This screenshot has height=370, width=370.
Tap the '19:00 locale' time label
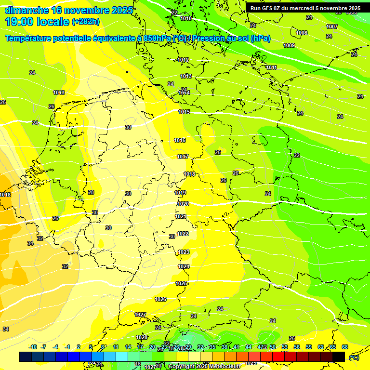click(37, 21)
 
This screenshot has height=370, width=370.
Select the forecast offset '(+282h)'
click(87, 22)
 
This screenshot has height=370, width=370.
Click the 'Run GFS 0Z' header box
click(305, 8)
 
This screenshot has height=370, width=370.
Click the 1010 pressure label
click(185, 18)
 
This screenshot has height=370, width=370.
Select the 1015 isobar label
click(184, 112)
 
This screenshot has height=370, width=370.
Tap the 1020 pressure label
click(183, 204)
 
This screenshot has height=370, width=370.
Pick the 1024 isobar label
click(184, 266)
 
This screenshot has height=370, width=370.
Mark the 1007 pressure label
click(332, 26)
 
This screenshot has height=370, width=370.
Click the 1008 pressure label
click(302, 33)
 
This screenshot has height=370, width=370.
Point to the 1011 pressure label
click(271, 67)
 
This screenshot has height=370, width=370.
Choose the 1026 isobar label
click(160, 299)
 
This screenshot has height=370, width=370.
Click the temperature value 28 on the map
click(91, 192)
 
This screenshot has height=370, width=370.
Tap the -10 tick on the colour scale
click(33, 347)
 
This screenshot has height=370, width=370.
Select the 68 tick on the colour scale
click(345, 347)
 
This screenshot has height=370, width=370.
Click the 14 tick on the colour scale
click(128, 347)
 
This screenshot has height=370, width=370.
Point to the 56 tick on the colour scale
click(297, 347)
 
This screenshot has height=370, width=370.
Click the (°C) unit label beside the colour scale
click(354, 357)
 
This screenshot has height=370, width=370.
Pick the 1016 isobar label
click(180, 140)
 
